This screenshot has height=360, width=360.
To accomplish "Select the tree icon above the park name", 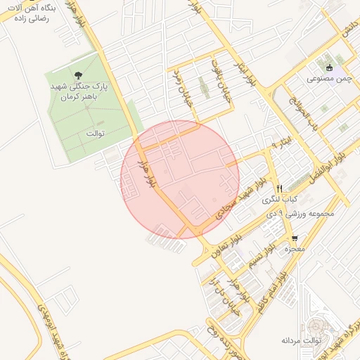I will [x=77, y=75].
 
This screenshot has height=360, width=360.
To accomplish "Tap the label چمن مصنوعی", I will [x=325, y=79].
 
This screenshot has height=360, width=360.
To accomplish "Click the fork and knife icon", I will [x=279, y=188].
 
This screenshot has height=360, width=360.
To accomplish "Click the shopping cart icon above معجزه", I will [x=295, y=238].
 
